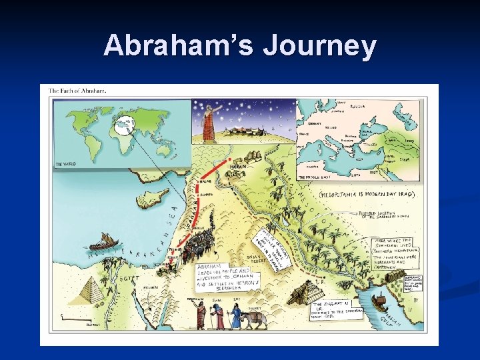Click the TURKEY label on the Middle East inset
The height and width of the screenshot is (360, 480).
pyautogui.click(x=369, y=143)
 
